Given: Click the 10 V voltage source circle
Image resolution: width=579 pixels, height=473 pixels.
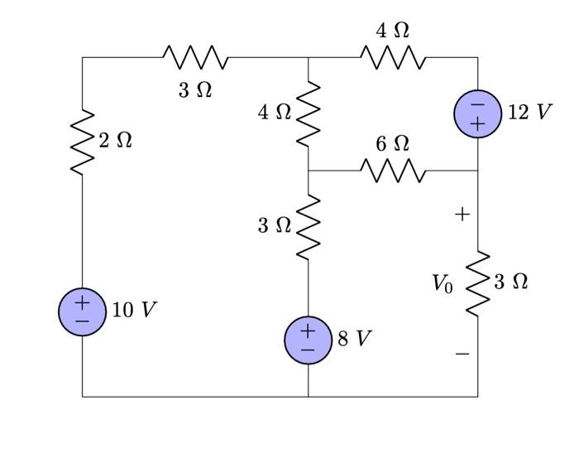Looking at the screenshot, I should tap(82, 311).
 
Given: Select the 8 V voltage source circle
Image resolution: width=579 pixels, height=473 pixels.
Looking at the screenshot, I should tap(309, 340).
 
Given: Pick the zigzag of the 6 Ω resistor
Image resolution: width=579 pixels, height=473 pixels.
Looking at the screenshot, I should tap(393, 171).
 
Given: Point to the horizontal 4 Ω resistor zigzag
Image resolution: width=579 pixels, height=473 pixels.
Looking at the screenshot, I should tap(393, 58).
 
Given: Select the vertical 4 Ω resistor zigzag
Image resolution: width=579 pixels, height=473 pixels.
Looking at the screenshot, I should tap(309, 112).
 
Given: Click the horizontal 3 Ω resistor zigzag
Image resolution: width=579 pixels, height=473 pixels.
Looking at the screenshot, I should tap(195, 58).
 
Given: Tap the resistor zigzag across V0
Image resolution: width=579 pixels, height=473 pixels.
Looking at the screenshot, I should tap(477, 282).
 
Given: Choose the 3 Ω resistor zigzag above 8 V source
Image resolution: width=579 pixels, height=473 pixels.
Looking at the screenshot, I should tap(309, 225).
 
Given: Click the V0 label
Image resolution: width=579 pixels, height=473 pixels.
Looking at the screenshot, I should tap(443, 284).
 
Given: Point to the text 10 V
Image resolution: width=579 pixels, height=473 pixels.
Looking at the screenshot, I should tap(134, 310).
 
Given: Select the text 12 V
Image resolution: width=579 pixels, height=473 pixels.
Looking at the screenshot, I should tap(529, 112).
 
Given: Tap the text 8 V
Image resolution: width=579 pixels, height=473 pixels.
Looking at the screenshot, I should tap(355, 338).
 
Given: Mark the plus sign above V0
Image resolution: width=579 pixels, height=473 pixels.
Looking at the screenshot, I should tap(462, 215).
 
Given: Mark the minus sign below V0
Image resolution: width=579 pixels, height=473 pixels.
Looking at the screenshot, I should tap(462, 354).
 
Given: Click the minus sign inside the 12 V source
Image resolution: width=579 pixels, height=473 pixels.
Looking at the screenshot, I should tap(477, 104).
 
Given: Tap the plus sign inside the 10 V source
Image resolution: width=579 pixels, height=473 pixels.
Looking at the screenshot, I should tap(82, 302).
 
